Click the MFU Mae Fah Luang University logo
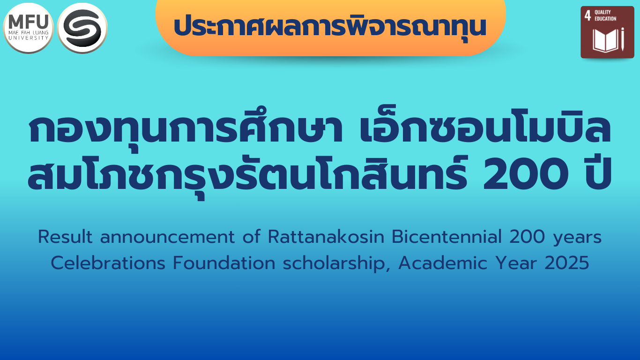point(28,28)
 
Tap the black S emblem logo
point(82,28)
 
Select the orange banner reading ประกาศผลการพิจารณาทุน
point(330,27)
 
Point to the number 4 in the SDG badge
point(588,15)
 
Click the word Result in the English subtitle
point(66,238)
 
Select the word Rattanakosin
point(326,238)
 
